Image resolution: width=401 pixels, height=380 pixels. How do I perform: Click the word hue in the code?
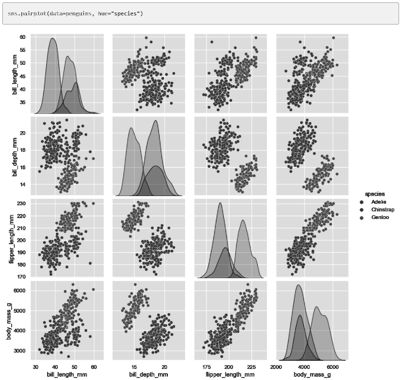96,12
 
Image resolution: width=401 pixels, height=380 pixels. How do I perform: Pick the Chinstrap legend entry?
383,210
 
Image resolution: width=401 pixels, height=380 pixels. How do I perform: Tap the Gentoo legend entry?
380,218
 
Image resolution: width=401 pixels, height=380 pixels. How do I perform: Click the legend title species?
375,194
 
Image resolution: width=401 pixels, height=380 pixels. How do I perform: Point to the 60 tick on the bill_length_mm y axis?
23,37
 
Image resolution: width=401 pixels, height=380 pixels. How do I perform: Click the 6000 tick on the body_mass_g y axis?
20,291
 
